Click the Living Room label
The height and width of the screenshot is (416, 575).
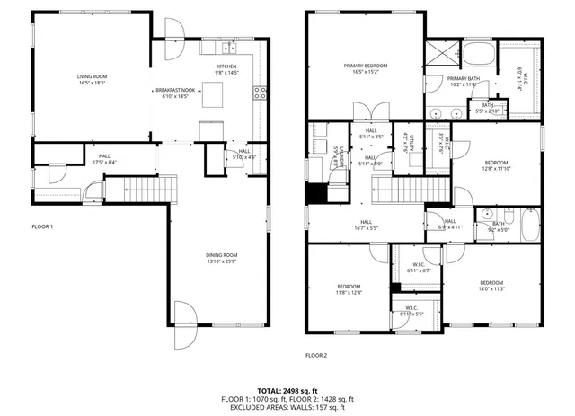point(92,80)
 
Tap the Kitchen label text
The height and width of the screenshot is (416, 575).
point(226,69)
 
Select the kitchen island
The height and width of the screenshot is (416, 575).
point(212,93)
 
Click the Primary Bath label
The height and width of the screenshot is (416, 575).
point(464,81)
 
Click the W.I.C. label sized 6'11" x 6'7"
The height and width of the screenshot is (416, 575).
point(420,268)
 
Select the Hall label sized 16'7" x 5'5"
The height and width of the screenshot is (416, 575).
point(367,226)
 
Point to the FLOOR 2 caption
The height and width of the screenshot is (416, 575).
point(316,356)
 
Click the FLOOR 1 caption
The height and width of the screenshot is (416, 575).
point(42,226)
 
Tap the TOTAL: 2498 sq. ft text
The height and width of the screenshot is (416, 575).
point(287,390)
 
